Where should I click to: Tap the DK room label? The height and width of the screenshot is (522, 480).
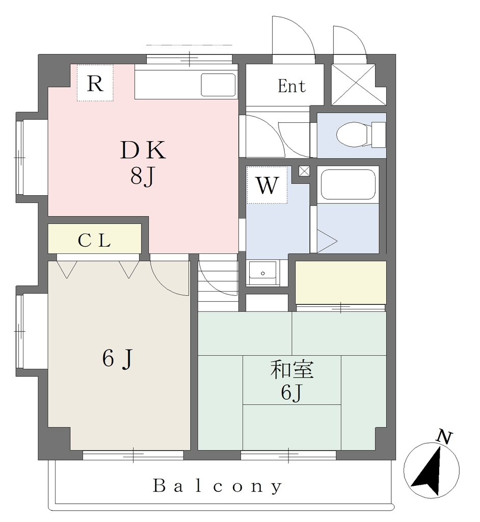(143, 150)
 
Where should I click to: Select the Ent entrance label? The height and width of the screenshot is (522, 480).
(291, 86)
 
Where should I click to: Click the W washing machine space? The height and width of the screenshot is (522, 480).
(267, 185)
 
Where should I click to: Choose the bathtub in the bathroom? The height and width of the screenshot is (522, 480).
(348, 185)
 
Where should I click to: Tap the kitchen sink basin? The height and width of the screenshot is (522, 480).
(219, 85)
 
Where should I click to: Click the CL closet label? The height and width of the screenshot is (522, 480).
(94, 241)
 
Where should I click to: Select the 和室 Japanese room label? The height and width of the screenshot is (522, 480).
(292, 370)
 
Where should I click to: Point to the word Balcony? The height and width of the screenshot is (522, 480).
(218, 486)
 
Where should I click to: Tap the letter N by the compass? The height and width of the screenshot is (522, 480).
(445, 437)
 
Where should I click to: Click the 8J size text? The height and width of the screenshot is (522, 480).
(143, 176)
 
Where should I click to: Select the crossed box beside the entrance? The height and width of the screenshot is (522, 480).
(354, 85)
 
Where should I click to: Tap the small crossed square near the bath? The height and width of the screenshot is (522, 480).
(304, 171)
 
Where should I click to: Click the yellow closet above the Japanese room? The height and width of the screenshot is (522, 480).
(341, 282)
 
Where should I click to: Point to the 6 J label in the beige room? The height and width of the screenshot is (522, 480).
(118, 359)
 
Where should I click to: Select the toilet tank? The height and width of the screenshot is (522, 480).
(379, 135)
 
